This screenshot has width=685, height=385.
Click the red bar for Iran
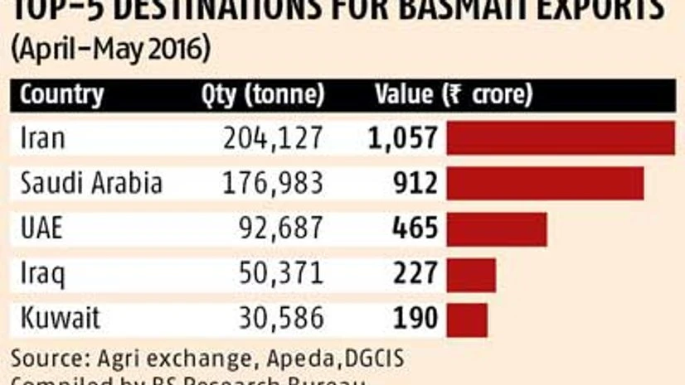click(x=560, y=138)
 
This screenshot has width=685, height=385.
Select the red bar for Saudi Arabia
click(x=545, y=183)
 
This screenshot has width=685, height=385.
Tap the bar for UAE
click(x=496, y=229)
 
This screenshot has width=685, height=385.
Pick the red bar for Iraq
click(x=471, y=274)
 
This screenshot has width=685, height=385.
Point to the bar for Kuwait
click(x=467, y=319)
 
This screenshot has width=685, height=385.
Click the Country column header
click(x=62, y=94)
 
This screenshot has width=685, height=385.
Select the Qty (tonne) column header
click(x=262, y=94)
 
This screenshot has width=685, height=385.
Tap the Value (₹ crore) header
click(x=453, y=94)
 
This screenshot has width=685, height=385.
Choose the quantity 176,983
click(x=273, y=184)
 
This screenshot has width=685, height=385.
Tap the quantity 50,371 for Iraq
click(x=280, y=274)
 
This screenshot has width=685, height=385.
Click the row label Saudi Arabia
click(x=91, y=184)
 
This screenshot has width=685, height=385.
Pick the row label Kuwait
click(x=61, y=319)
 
